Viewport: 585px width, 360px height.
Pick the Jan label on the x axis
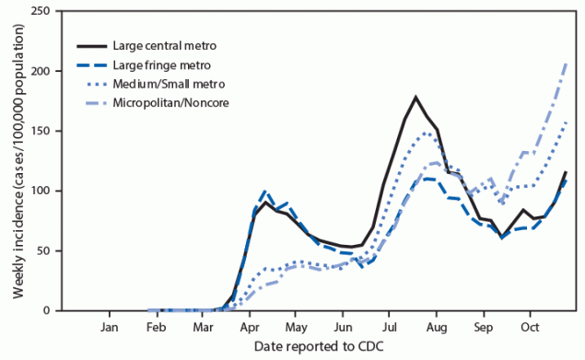pos(109,327)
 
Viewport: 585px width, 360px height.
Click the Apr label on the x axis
pos(249,327)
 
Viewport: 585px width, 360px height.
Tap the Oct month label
pos(529,327)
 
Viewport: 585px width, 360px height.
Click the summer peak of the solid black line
pos(415,97)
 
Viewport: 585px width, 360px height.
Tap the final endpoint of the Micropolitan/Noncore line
pos(565,61)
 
